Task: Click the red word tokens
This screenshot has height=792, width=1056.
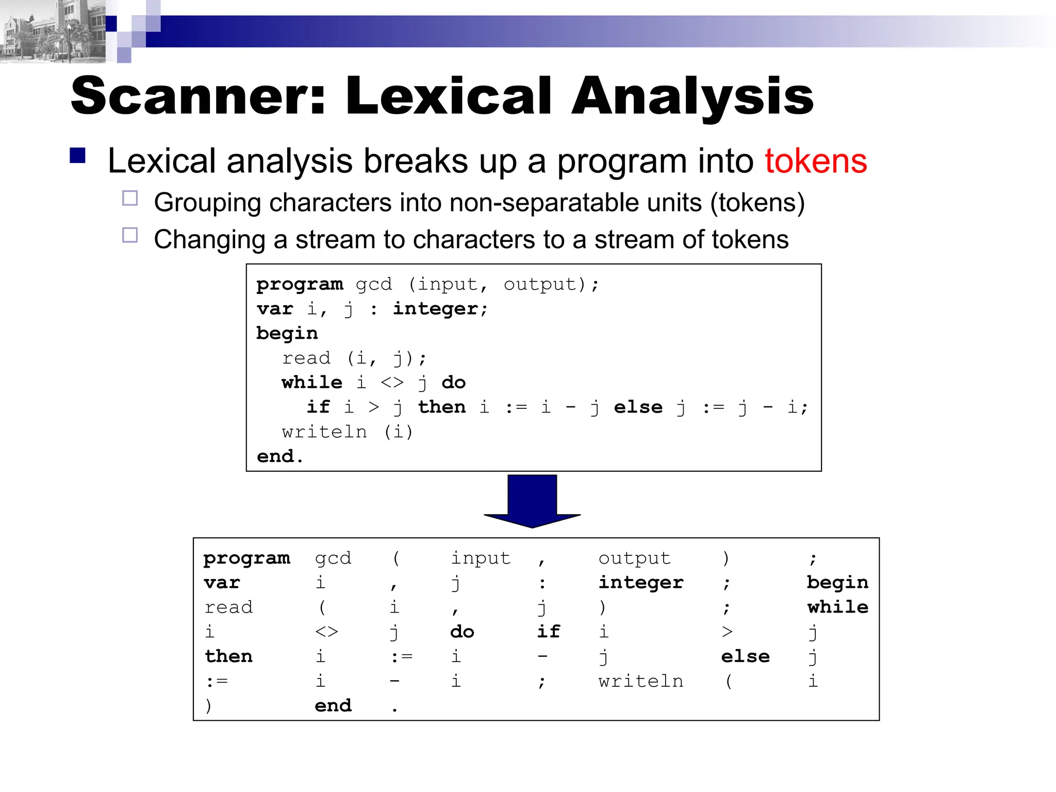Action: pos(815,161)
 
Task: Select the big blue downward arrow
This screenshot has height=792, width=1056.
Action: pos(532,501)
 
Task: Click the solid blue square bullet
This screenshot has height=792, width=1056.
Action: pos(78,156)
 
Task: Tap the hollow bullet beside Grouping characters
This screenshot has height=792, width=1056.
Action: pos(130,199)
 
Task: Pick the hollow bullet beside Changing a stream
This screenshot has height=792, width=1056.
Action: pos(130,236)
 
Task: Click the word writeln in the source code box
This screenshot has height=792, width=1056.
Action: pos(324,432)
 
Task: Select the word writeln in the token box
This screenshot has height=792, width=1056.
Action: pos(641,681)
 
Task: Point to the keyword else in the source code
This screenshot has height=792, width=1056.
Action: pos(638,407)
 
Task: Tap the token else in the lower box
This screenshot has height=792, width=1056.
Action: pos(745,656)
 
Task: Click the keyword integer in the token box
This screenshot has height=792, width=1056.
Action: pos(641,583)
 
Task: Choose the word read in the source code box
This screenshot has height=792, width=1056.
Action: pos(306,358)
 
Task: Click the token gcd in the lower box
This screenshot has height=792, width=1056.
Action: pos(333,558)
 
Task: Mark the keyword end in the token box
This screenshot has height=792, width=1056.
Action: pos(333,705)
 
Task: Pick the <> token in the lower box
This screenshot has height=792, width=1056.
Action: pos(326,632)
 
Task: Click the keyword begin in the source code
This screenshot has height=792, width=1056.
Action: pos(287,334)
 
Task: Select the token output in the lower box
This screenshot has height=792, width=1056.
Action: pos(634,558)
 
